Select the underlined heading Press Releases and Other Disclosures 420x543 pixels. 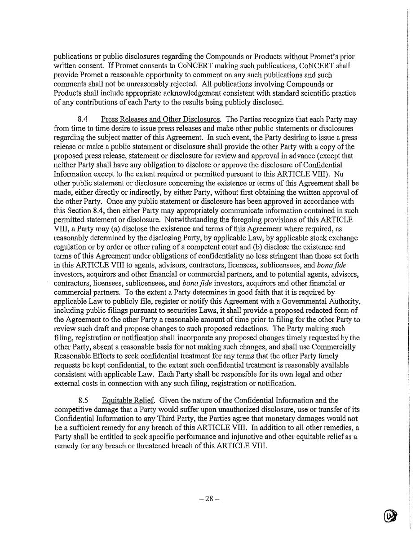(x=160, y=119)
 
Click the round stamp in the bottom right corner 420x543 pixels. (x=391, y=516)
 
